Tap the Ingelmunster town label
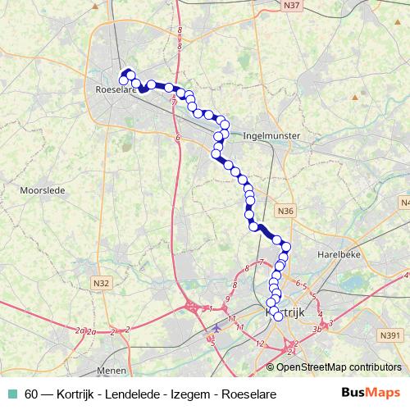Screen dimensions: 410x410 click(x=273, y=135)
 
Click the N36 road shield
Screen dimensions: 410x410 click(x=285, y=211)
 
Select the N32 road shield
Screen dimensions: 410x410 click(x=101, y=283)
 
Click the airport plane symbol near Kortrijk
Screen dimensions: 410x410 click(x=216, y=330)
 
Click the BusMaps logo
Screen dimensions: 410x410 click(x=371, y=393)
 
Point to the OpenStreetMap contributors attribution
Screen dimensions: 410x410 click(x=339, y=367)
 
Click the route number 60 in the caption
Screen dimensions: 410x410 click(x=31, y=394)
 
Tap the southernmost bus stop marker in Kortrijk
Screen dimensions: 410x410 click(x=278, y=317)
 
